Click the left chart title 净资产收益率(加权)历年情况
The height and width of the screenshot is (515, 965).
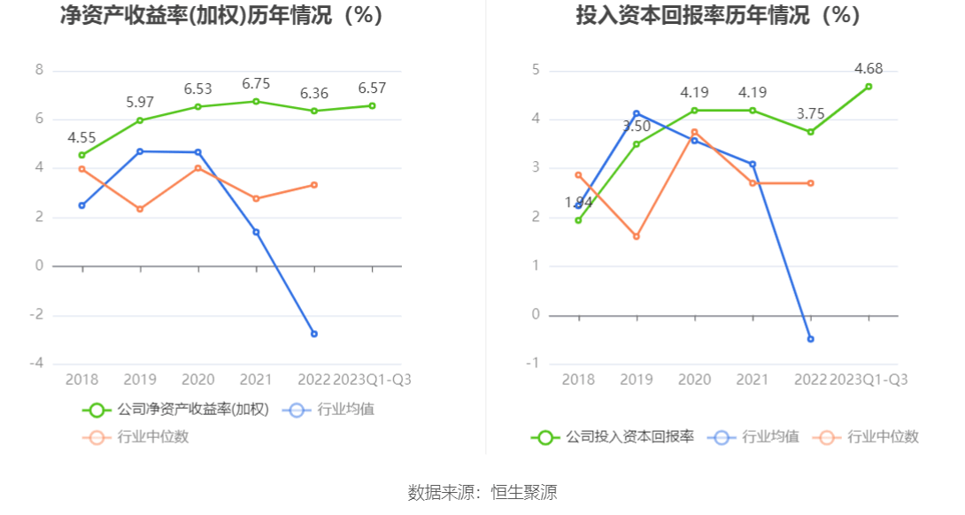(x=221, y=16)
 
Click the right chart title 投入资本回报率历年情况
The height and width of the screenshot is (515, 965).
(x=717, y=16)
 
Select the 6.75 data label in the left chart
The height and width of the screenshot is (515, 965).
(x=256, y=84)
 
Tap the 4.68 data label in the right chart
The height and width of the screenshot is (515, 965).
(x=868, y=69)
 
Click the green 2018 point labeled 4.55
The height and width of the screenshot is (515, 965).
(x=82, y=155)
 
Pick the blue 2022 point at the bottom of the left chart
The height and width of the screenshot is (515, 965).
(x=313, y=334)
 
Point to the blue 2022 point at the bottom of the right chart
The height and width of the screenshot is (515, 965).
(x=810, y=339)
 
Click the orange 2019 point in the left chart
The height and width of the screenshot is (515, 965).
(x=140, y=209)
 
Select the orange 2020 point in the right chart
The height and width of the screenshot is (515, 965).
(x=694, y=132)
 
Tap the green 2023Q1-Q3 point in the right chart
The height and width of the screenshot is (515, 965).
(x=868, y=86)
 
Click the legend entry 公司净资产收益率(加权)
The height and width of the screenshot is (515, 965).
(x=176, y=410)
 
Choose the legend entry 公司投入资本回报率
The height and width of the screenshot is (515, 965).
(x=613, y=436)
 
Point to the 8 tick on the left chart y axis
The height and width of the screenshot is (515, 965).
(x=39, y=70)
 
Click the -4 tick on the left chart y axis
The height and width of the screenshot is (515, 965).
(x=36, y=364)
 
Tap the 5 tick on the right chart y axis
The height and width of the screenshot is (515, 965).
(x=536, y=70)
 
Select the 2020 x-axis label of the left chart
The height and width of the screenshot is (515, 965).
(x=198, y=380)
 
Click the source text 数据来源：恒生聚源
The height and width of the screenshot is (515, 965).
(x=482, y=493)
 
